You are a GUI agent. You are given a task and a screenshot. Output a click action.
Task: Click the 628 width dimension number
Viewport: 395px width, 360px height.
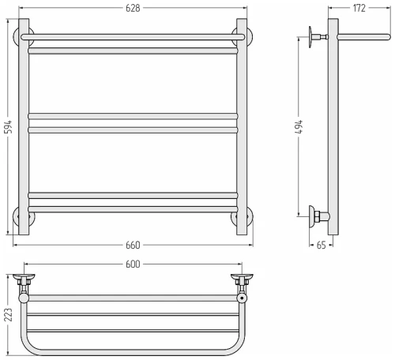tap(133, 8)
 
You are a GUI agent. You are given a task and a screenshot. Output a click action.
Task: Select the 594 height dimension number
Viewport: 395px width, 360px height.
tap(9, 127)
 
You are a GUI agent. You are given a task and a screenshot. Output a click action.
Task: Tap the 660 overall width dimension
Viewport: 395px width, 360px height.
tap(133, 246)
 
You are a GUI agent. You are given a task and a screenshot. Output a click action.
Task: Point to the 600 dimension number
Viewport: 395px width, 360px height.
tap(133, 264)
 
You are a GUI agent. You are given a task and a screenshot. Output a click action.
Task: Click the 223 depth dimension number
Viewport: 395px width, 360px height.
tap(8, 315)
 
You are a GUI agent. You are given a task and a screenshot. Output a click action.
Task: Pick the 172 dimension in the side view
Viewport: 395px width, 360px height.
tap(359, 8)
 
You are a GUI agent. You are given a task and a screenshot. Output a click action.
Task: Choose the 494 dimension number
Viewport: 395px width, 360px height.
tap(299, 127)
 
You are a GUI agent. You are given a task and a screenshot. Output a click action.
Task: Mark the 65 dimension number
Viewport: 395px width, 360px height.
tap(321, 246)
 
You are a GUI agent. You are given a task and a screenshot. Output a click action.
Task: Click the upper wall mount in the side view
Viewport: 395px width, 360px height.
tap(318, 37)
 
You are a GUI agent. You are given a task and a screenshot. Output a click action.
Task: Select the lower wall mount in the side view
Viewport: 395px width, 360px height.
tap(318, 216)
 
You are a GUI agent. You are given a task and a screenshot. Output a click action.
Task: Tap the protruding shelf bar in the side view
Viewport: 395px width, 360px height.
tap(364, 37)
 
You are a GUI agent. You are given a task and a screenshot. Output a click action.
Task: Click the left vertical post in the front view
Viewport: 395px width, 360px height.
tap(24, 126)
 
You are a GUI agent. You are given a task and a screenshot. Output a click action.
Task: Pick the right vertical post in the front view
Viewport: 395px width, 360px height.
tap(242, 126)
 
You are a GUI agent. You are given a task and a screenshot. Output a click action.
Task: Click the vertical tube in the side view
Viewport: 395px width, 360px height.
tap(333, 126)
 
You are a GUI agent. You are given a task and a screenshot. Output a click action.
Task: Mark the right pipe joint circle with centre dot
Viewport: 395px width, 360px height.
tap(242, 298)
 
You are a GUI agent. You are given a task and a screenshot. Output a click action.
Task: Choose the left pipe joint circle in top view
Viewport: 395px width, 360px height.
tap(24, 298)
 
